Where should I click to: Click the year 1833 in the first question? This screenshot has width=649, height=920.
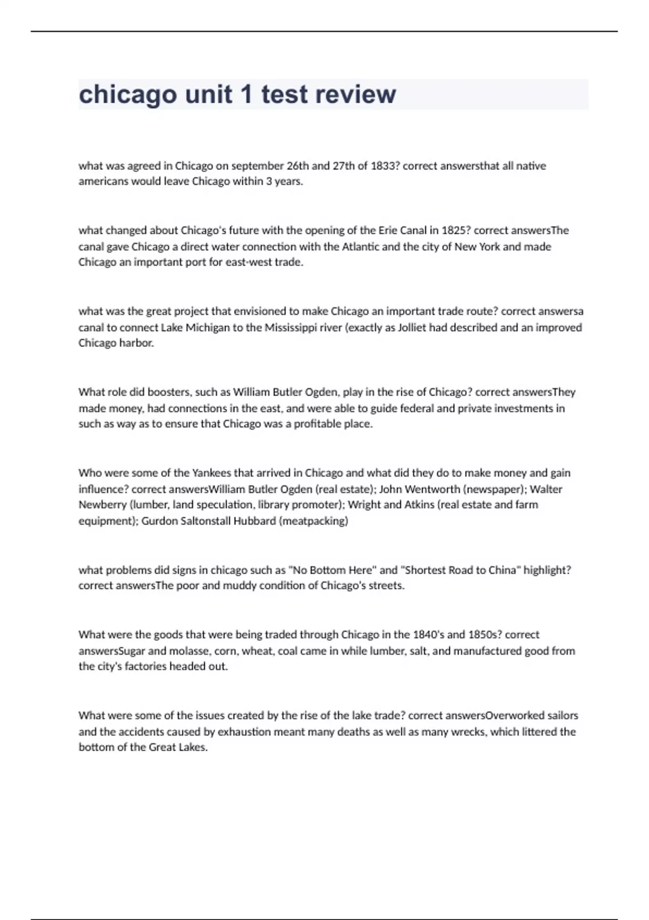point(385,166)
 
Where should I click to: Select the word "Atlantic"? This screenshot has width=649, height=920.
point(360,246)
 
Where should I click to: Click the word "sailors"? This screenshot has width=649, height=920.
point(562,715)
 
